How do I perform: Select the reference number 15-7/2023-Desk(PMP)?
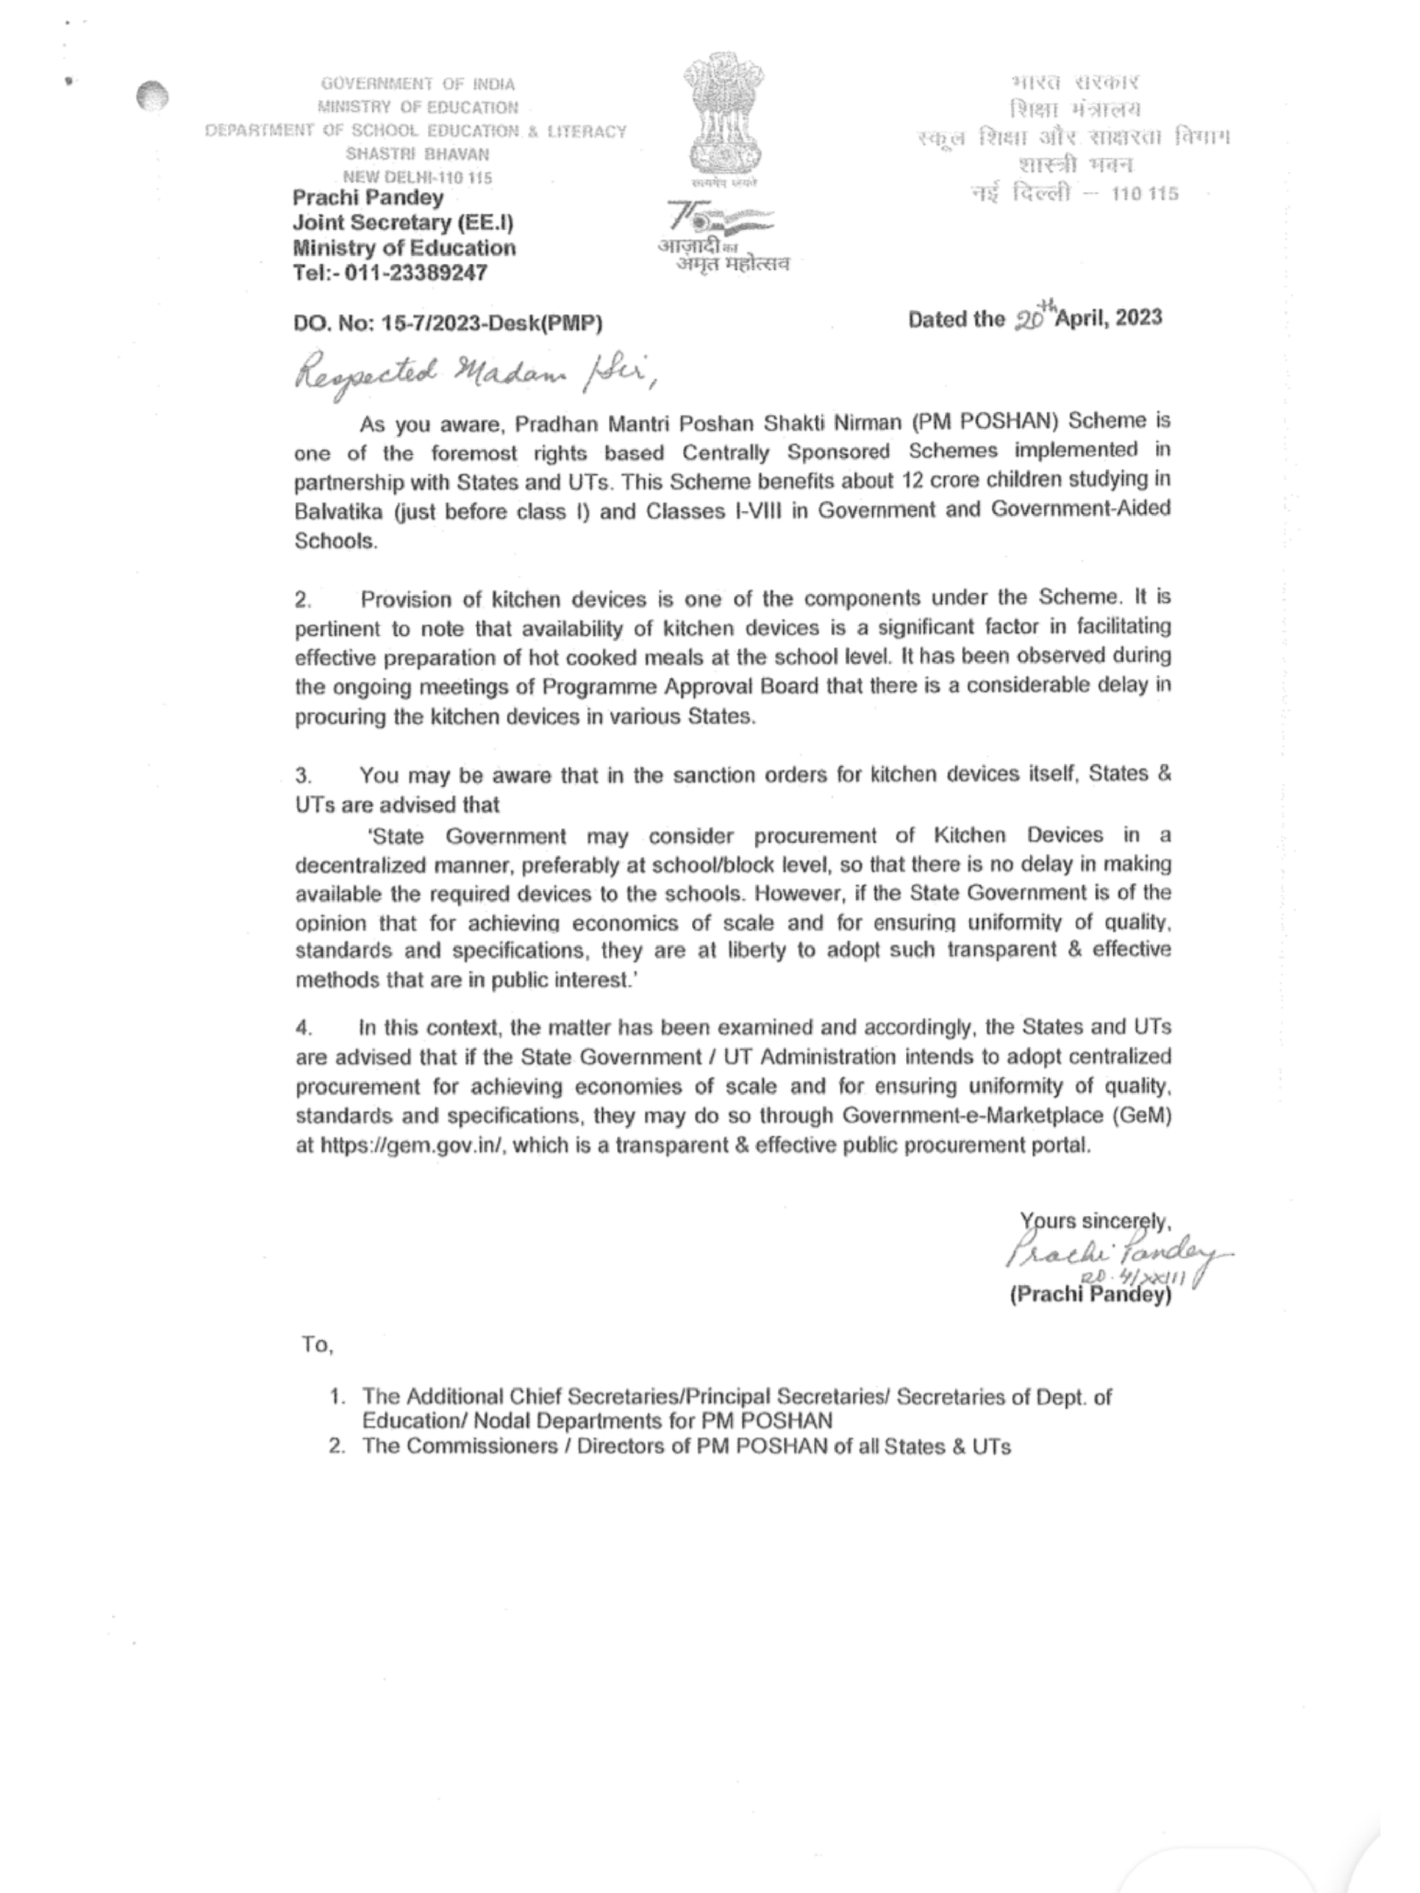[492, 323]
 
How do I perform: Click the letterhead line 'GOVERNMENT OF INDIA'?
[418, 84]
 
